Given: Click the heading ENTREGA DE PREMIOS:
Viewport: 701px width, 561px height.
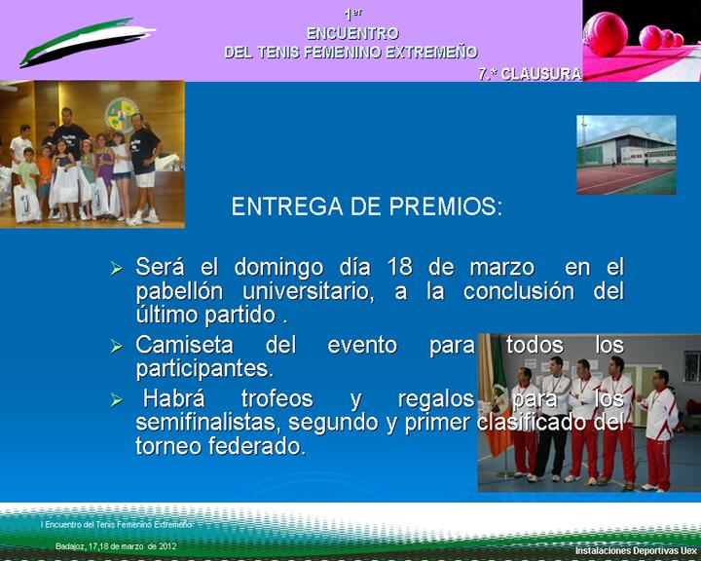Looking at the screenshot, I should (x=366, y=207).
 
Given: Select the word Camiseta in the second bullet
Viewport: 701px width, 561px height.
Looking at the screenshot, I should (x=185, y=346).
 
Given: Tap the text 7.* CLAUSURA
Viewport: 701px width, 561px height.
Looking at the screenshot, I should (x=530, y=74).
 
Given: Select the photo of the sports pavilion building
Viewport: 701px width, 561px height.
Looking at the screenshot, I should (x=626, y=155).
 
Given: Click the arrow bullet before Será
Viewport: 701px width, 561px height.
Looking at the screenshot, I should (x=117, y=268).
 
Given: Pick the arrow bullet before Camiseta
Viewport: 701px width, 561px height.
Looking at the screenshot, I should (x=117, y=347).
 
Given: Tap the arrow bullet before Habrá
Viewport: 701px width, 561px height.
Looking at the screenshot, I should (x=117, y=400).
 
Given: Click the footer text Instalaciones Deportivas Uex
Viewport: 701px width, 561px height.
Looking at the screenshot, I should (x=635, y=550).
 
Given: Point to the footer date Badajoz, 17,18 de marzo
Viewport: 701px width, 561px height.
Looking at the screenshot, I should (x=116, y=546).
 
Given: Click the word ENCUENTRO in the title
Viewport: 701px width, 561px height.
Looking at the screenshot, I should (x=351, y=33).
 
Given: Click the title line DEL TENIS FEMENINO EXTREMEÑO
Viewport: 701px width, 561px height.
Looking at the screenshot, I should (x=351, y=53).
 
